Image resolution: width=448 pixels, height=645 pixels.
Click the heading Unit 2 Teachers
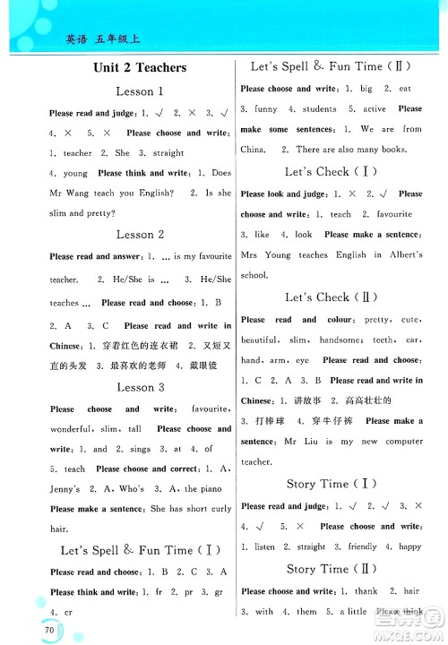pos(139,67)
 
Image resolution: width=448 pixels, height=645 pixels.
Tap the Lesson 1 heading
pos(140,90)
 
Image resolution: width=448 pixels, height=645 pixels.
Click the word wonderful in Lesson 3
pos(75,429)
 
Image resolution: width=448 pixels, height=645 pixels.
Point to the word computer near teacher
pos(398,442)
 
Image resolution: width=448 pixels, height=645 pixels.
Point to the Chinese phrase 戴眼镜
pos(211,366)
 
